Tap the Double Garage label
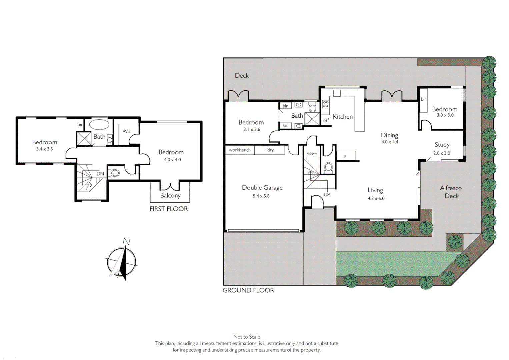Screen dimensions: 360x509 262,188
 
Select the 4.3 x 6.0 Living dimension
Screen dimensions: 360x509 376,198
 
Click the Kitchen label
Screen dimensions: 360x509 343,117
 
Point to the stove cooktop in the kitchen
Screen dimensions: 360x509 326,104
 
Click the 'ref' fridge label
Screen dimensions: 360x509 326,120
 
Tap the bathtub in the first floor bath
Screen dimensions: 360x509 99,125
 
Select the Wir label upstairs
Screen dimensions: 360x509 126,131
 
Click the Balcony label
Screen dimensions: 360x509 170,195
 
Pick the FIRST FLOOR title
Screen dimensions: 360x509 169,209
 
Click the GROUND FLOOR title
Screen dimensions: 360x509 248,290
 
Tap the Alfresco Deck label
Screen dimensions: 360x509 451,192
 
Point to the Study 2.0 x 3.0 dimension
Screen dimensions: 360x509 442,153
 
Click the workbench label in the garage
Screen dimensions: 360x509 240,150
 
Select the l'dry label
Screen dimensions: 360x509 269,150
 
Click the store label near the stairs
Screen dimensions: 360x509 312,154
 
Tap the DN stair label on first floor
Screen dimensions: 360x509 100,174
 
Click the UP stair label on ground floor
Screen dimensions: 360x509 327,195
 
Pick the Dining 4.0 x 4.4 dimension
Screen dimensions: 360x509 390,142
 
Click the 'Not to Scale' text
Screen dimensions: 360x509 247,337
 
